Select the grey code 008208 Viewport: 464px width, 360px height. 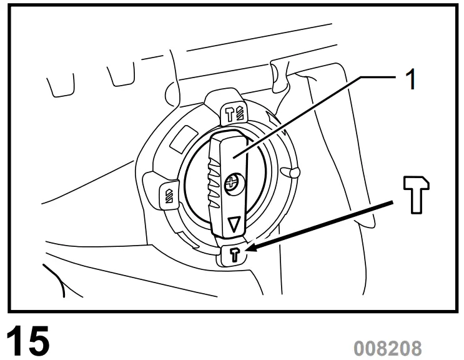coord(388,347)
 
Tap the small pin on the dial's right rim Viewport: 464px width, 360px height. coord(291,171)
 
